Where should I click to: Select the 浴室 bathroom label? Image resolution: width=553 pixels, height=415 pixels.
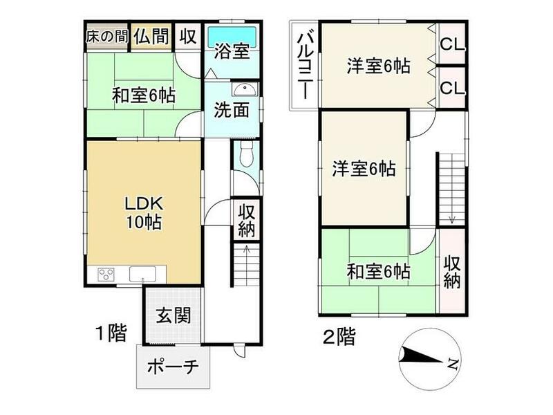point(232,52)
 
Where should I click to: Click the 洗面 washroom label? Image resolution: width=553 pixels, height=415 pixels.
point(230,111)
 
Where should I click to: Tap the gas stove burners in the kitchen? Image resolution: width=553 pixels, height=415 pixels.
point(106,274)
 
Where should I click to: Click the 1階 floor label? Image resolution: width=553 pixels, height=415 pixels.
point(111,335)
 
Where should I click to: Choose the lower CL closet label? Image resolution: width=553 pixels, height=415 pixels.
point(452,87)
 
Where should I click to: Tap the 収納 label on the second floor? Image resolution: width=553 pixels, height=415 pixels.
point(452,272)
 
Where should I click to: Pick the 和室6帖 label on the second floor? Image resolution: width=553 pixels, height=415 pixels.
point(378,271)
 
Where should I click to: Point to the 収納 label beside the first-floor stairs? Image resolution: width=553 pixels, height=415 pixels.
point(246,220)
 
